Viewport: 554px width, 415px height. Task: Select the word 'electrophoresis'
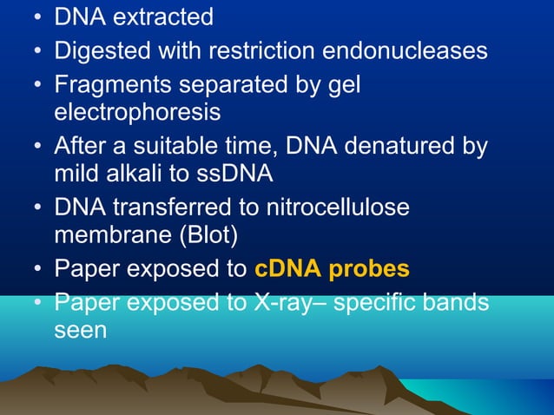point(137,113)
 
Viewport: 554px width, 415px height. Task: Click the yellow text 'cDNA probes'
point(332,269)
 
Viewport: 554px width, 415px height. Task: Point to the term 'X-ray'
point(285,304)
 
